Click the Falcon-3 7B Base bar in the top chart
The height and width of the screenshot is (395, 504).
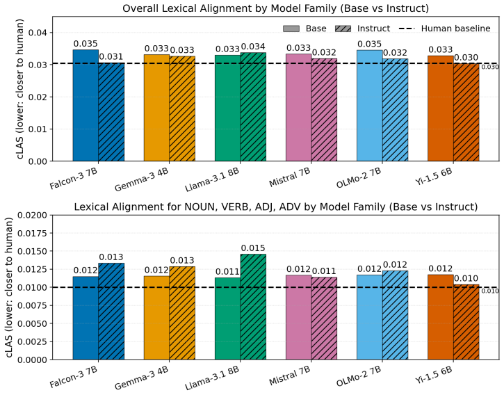[x=86, y=105]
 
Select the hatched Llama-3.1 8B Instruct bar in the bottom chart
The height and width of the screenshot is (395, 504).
[x=253, y=307]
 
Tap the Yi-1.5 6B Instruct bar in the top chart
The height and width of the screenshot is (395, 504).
[x=466, y=112]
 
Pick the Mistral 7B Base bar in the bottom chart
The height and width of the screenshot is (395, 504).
[x=299, y=317]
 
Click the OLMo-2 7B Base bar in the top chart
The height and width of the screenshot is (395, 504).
[x=370, y=106]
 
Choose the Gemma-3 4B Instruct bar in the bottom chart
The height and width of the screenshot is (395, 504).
[x=182, y=313]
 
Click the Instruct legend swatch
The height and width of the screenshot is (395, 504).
[x=343, y=29]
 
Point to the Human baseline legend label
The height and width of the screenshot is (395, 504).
[x=456, y=29]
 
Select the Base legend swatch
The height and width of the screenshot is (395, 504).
[x=291, y=29]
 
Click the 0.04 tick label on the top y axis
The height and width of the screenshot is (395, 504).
[x=38, y=33]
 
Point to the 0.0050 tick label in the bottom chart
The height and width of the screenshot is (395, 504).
[x=32, y=323]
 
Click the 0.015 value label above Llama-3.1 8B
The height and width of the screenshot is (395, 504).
[x=253, y=248]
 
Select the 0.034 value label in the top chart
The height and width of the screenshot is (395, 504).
[x=253, y=47]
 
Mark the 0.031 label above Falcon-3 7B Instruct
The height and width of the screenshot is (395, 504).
[x=111, y=57]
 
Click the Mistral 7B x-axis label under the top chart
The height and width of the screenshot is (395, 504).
[x=290, y=177]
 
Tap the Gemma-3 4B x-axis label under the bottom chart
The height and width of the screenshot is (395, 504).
[x=141, y=378]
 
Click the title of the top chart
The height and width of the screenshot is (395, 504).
[x=276, y=8]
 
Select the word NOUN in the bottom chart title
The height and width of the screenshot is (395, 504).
[x=200, y=207]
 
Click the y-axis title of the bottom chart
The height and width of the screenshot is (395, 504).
[x=9, y=287]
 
